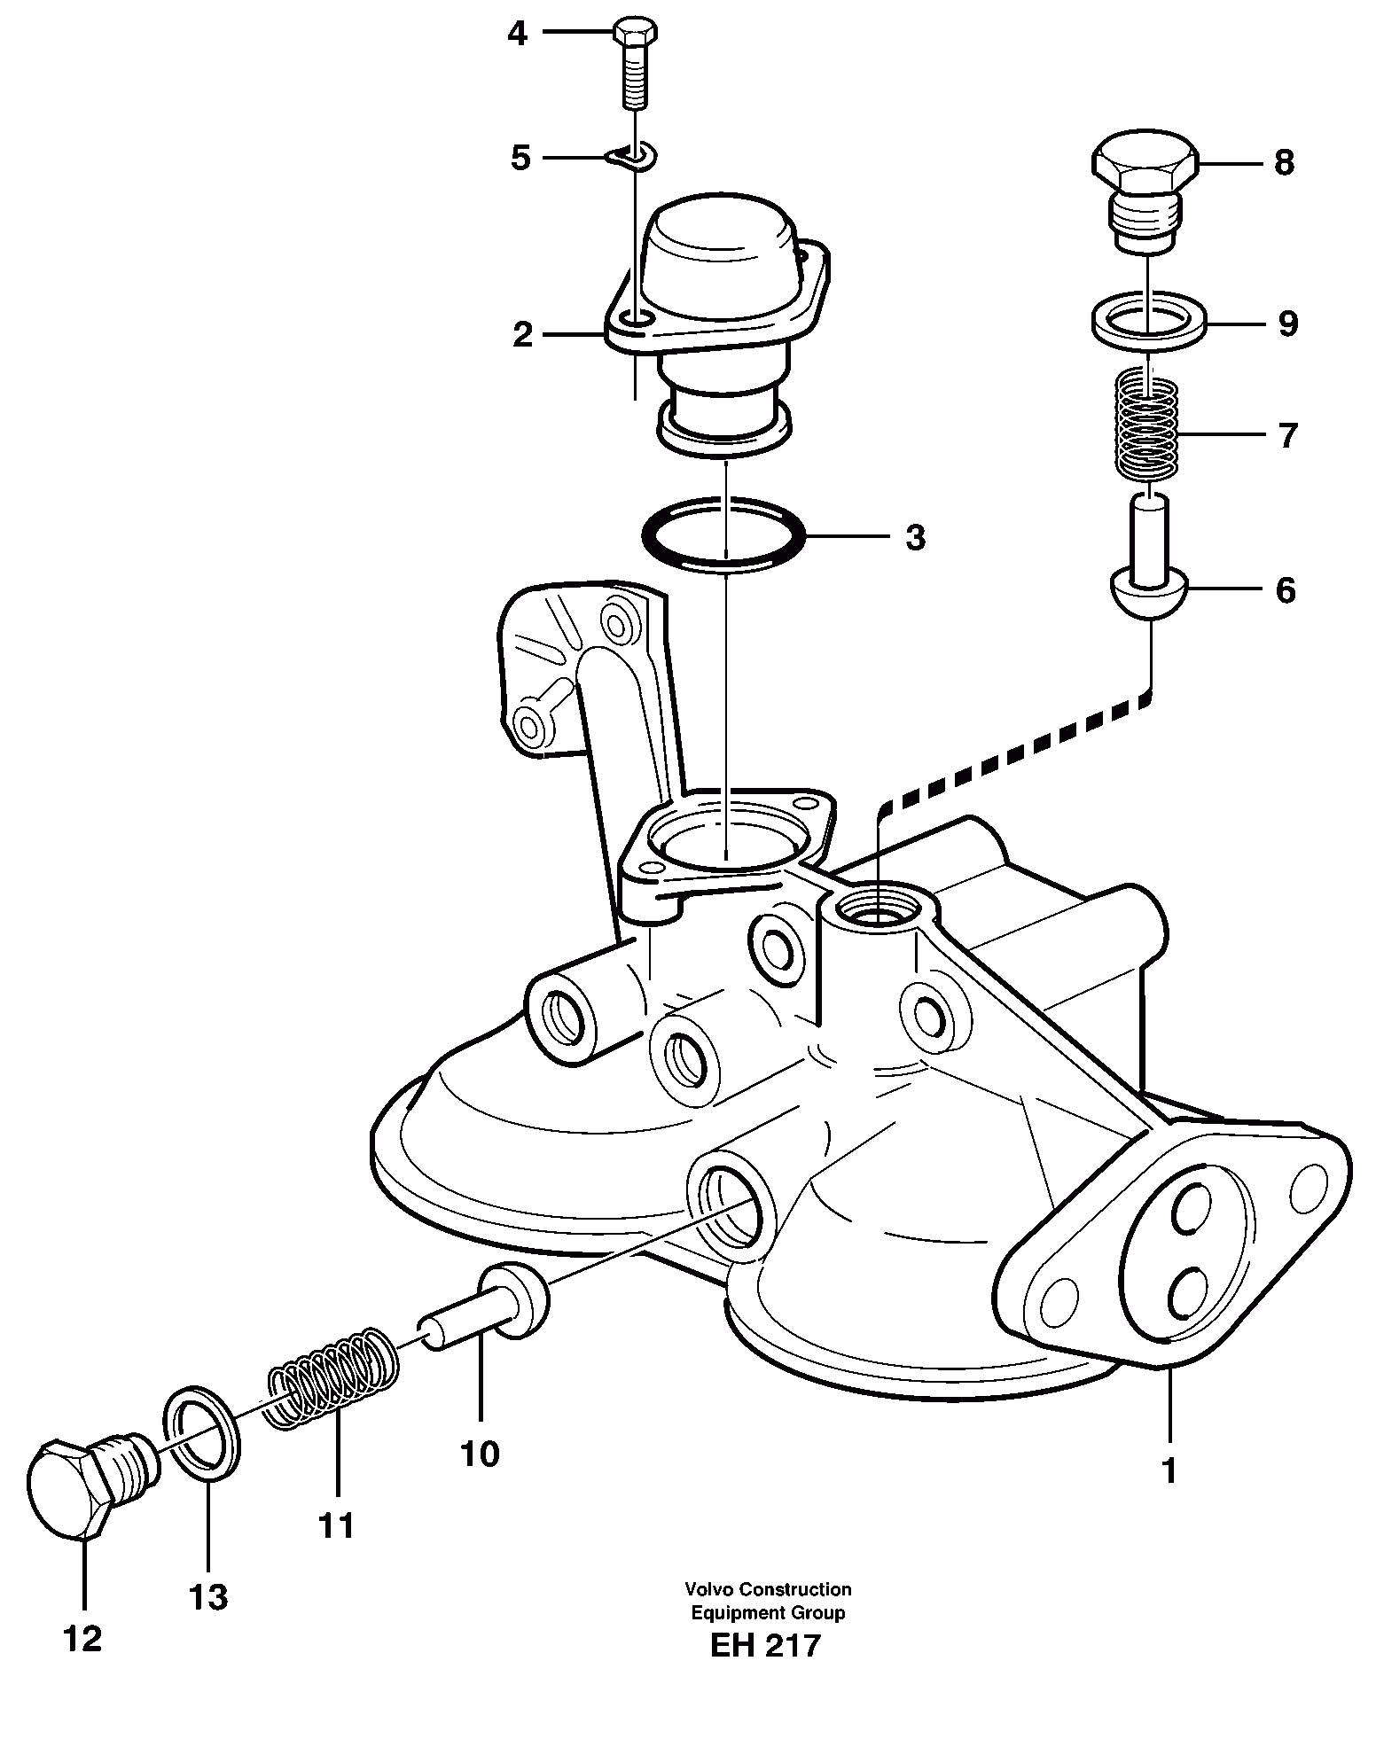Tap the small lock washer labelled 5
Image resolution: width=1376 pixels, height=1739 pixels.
632,158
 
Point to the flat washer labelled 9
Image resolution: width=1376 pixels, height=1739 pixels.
1146,322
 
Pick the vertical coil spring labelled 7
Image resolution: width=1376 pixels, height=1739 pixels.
1146,426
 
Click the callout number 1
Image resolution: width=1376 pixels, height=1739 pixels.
1169,1470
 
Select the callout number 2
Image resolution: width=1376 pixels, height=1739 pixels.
523,335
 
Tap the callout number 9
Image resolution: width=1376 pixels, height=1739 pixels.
1287,324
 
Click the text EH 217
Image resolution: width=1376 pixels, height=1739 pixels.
766,1670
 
